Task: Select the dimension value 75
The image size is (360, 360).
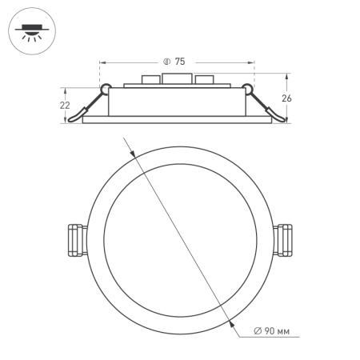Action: [180, 62]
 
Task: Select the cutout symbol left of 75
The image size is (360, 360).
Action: [166, 62]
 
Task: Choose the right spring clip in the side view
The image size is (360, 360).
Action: [266, 105]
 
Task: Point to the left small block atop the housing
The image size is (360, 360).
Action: [149, 81]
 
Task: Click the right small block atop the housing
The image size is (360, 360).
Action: [206, 81]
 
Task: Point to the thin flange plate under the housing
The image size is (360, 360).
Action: [177, 120]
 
